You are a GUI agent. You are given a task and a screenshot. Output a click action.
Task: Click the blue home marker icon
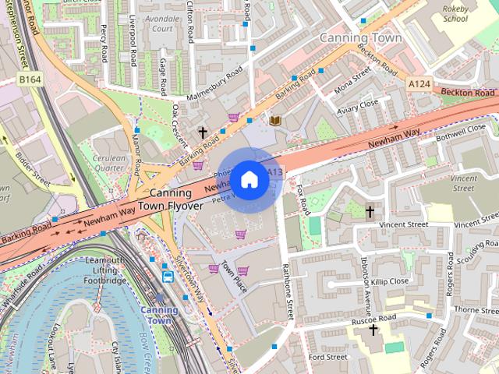click(249, 180)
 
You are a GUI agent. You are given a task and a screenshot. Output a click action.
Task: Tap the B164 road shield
click(30, 79)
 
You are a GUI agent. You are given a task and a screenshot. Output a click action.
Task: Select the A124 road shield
click(418, 81)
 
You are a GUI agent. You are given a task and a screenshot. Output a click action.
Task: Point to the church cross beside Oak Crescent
click(203, 133)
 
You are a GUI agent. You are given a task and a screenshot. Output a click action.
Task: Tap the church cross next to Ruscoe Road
click(373, 330)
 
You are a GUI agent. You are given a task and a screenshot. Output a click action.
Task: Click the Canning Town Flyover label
click(170, 199)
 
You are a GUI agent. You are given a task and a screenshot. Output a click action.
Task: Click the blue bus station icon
click(168, 277)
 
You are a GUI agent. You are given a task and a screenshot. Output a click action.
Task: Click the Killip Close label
click(390, 280)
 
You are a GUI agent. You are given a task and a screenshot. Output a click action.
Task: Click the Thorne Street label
click(475, 310)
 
